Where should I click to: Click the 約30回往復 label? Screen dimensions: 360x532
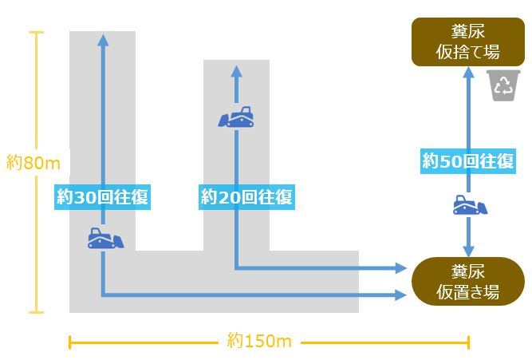pos(103,197)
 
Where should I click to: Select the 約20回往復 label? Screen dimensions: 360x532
pos(246,196)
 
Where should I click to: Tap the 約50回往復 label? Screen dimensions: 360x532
pos(468,161)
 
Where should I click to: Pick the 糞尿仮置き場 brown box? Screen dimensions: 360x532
pos(467,281)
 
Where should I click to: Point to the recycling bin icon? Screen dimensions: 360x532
pos(504,85)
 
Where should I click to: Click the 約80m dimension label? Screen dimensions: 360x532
pos(33,163)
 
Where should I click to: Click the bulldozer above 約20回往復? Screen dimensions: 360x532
pos(237,119)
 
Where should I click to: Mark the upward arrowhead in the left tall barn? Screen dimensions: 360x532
pos(102,39)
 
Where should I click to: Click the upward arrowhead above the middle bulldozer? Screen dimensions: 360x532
pos(236,72)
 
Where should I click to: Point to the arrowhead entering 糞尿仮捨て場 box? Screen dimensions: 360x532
pos(468,71)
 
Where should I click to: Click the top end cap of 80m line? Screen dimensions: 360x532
pos(35,32)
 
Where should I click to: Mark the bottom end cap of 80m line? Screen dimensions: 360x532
pos(35,312)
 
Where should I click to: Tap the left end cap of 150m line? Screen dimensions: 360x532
pos(70,342)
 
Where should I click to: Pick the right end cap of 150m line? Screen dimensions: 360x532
pos(468,342)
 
